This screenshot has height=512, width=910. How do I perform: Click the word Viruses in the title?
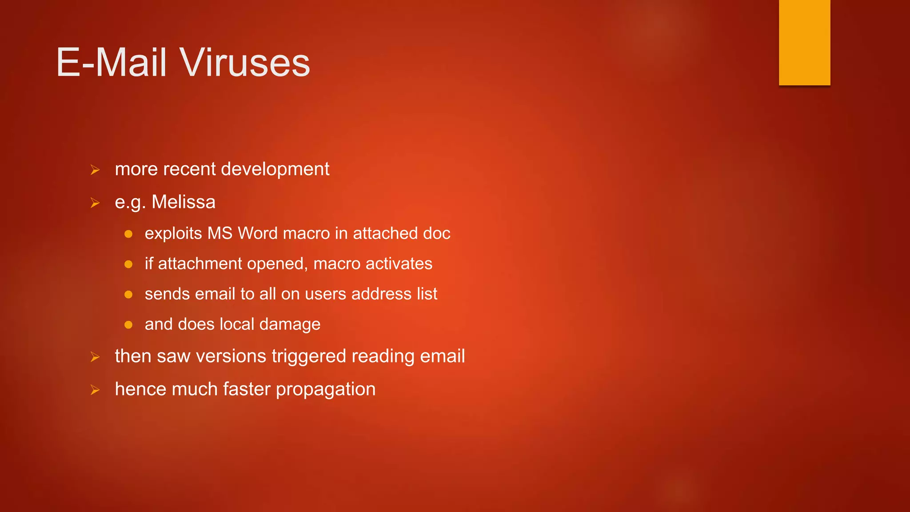click(244, 63)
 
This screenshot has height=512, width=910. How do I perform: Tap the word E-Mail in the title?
click(112, 63)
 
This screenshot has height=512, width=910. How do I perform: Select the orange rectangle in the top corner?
click(804, 42)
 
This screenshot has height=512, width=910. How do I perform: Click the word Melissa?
click(184, 202)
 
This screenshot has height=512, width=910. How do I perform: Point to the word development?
click(275, 169)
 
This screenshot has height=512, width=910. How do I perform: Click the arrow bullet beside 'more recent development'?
click(95, 170)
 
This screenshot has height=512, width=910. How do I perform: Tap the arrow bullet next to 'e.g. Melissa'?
click(95, 203)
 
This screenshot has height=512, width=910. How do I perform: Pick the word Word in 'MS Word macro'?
click(258, 233)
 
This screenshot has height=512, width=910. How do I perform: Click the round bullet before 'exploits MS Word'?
click(128, 234)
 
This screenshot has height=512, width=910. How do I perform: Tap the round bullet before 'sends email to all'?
click(128, 294)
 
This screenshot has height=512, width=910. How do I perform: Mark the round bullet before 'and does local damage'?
click(128, 324)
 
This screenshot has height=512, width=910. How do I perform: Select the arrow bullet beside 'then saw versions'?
click(95, 356)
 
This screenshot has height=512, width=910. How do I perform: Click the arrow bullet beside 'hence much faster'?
click(95, 390)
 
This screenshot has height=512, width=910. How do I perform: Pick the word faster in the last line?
click(247, 389)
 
